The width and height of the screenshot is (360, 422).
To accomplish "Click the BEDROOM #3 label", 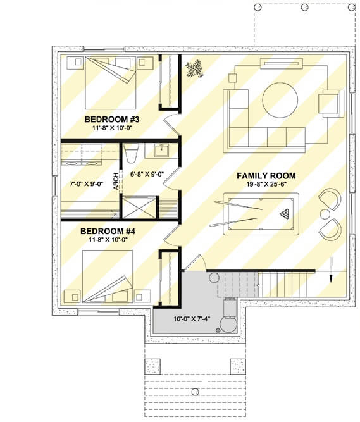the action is tap(111, 119).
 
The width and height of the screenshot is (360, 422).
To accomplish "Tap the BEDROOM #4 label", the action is tap(108, 231).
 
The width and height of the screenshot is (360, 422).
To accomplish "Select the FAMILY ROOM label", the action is tap(266, 176).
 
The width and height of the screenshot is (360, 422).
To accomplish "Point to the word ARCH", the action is tap(116, 182).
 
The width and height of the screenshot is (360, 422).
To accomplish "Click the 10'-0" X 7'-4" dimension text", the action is tap(192, 319).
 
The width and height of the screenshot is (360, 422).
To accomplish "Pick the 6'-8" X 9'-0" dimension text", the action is tap(147, 174).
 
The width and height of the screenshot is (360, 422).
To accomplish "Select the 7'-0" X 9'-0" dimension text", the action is tap(87, 184).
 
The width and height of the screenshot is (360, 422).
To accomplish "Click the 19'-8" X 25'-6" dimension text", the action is tap(266, 185).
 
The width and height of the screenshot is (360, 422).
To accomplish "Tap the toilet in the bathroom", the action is tap(132, 153).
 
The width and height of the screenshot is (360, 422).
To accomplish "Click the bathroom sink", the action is tap(161, 150).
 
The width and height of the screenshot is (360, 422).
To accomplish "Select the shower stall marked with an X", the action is tap(139, 208).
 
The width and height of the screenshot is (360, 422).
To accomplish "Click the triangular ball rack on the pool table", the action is tap(283, 214).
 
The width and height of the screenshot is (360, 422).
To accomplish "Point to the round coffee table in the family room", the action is tap(280, 100).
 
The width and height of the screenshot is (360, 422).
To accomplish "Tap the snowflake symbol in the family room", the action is tap(194, 69).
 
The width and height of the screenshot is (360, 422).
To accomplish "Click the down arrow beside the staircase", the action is tap(331, 270).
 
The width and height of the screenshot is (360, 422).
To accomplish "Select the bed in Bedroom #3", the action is tap(111, 83).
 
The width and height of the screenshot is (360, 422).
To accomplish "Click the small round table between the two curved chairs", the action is tap(325, 214).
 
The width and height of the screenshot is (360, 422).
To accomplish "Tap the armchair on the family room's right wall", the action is tap(331, 104).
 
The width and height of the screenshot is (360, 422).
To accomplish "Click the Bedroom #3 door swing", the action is tap(171, 125).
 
